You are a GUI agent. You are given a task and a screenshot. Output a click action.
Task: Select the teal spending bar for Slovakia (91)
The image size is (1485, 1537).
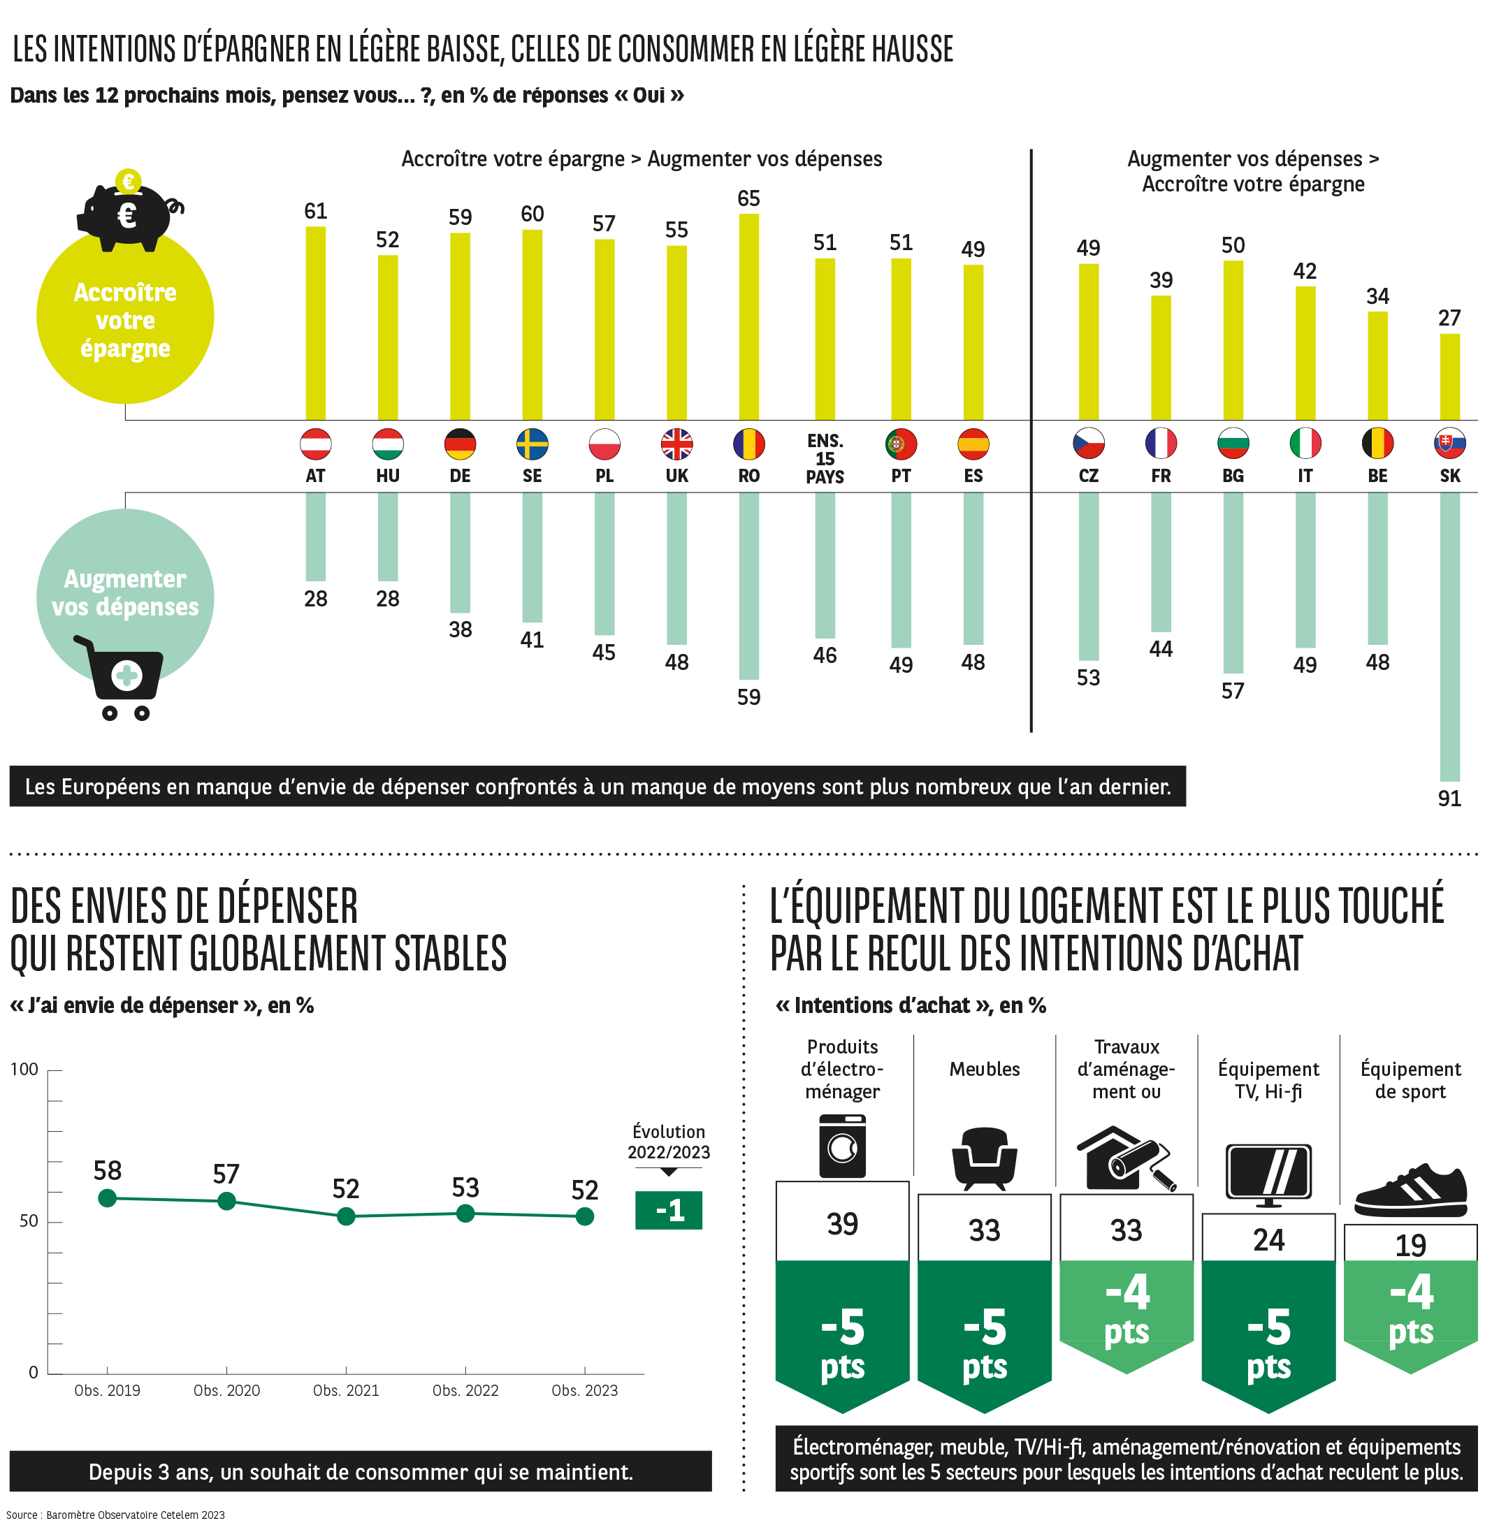point(1449,636)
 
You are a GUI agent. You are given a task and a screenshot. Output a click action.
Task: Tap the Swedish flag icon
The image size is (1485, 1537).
point(532,444)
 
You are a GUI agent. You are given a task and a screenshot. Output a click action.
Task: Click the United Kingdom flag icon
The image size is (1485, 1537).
point(676,444)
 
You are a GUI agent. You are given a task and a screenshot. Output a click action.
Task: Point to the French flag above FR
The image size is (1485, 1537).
point(1160,443)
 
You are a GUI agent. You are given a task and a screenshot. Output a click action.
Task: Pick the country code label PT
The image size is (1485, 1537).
point(901,476)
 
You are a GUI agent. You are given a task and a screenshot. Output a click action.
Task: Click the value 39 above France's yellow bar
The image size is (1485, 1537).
point(1160,280)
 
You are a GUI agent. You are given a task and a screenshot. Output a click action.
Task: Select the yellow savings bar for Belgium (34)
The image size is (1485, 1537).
point(1377,365)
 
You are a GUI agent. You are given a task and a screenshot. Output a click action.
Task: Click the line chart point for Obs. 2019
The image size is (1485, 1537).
point(108,1198)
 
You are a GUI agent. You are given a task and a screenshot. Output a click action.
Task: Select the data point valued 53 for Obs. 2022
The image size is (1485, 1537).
point(465,1214)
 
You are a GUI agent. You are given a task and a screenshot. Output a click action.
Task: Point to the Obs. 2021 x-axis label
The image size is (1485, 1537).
point(346,1390)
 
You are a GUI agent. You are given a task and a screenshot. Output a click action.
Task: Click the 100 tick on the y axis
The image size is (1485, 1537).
point(24,1070)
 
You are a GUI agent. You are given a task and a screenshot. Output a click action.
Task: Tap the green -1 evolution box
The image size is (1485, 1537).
point(668,1210)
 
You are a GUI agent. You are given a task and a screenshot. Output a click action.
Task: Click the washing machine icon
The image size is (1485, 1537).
point(842,1146)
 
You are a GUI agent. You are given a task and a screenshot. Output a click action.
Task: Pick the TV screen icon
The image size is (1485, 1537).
point(1268,1174)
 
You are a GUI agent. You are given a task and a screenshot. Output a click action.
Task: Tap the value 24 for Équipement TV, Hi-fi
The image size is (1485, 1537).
point(1268,1240)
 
